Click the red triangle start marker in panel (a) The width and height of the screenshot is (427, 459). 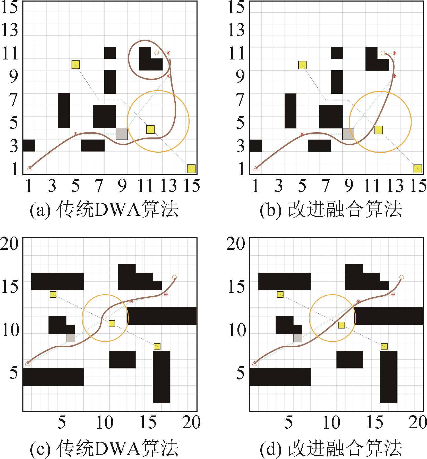(29, 168)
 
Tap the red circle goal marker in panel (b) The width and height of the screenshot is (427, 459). (383, 53)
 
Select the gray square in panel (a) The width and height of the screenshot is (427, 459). (122, 134)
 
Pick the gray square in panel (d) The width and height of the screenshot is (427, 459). (297, 338)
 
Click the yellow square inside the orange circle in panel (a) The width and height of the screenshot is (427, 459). (150, 129)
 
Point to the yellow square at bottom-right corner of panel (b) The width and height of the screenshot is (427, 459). (417, 169)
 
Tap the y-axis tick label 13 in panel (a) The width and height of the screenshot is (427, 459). (10, 30)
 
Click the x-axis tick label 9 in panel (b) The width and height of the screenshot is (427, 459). (348, 186)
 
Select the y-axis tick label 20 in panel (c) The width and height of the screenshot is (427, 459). (10, 244)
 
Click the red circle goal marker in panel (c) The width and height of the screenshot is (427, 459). (174, 277)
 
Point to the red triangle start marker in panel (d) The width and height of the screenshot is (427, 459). (254, 363)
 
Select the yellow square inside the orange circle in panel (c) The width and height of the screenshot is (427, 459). (112, 324)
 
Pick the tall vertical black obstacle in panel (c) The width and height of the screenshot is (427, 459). (161, 377)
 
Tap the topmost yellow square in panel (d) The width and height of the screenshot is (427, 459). (280, 295)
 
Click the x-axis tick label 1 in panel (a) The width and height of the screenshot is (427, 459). (29, 186)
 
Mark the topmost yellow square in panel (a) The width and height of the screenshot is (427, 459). (75, 65)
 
